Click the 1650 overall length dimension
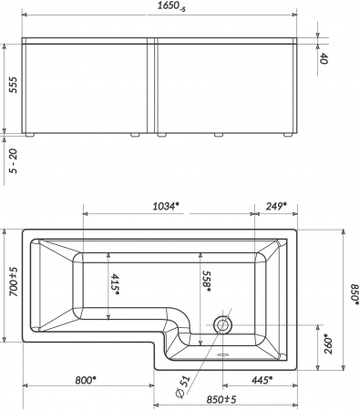click(171, 6)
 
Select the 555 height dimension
click(13, 85)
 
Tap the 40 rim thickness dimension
click(324, 58)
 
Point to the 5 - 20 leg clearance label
click(13, 161)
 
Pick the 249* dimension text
click(276, 206)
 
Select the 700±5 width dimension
click(14, 282)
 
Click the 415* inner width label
click(116, 284)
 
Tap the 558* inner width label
click(207, 281)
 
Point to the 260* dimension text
click(328, 344)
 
